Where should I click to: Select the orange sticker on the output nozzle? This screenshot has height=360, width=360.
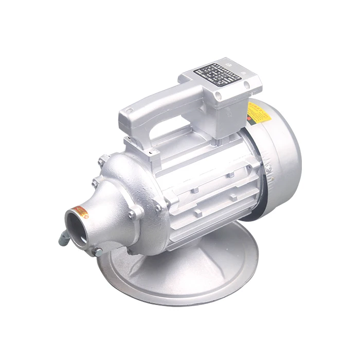point(80,210)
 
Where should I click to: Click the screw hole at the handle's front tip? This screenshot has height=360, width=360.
point(130,110)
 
